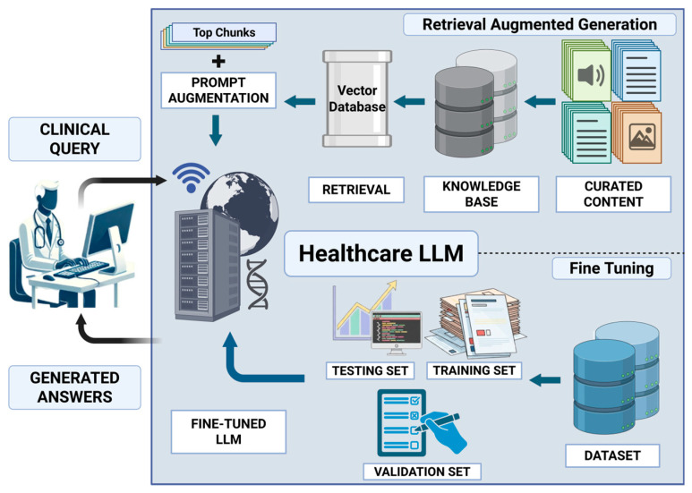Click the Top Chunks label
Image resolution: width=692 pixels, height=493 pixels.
(x=224, y=32)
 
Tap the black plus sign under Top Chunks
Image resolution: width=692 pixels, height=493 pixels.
(x=218, y=61)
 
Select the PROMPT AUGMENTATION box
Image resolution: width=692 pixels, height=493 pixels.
(x=218, y=90)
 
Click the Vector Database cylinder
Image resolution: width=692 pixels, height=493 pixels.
(x=357, y=98)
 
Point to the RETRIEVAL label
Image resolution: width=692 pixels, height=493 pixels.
(x=356, y=190)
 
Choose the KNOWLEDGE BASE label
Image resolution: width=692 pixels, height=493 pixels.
(x=482, y=194)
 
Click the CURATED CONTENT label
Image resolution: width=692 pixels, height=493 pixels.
(x=613, y=194)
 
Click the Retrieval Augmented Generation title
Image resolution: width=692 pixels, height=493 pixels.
(x=539, y=24)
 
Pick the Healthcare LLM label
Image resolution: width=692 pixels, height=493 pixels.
(x=381, y=253)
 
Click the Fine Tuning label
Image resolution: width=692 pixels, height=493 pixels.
(x=611, y=268)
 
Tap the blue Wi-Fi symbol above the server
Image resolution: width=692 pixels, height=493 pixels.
(x=191, y=177)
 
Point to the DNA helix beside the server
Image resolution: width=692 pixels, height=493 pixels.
(x=257, y=284)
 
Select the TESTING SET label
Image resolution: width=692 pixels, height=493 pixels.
(x=370, y=370)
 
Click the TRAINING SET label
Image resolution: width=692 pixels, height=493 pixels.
(x=474, y=370)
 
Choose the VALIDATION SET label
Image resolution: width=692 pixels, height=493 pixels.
(x=422, y=472)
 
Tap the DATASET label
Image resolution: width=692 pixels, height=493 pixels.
(x=612, y=455)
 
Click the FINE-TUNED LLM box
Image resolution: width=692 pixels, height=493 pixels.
(x=228, y=431)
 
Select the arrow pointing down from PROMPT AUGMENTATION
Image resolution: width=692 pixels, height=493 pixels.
(x=216, y=130)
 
